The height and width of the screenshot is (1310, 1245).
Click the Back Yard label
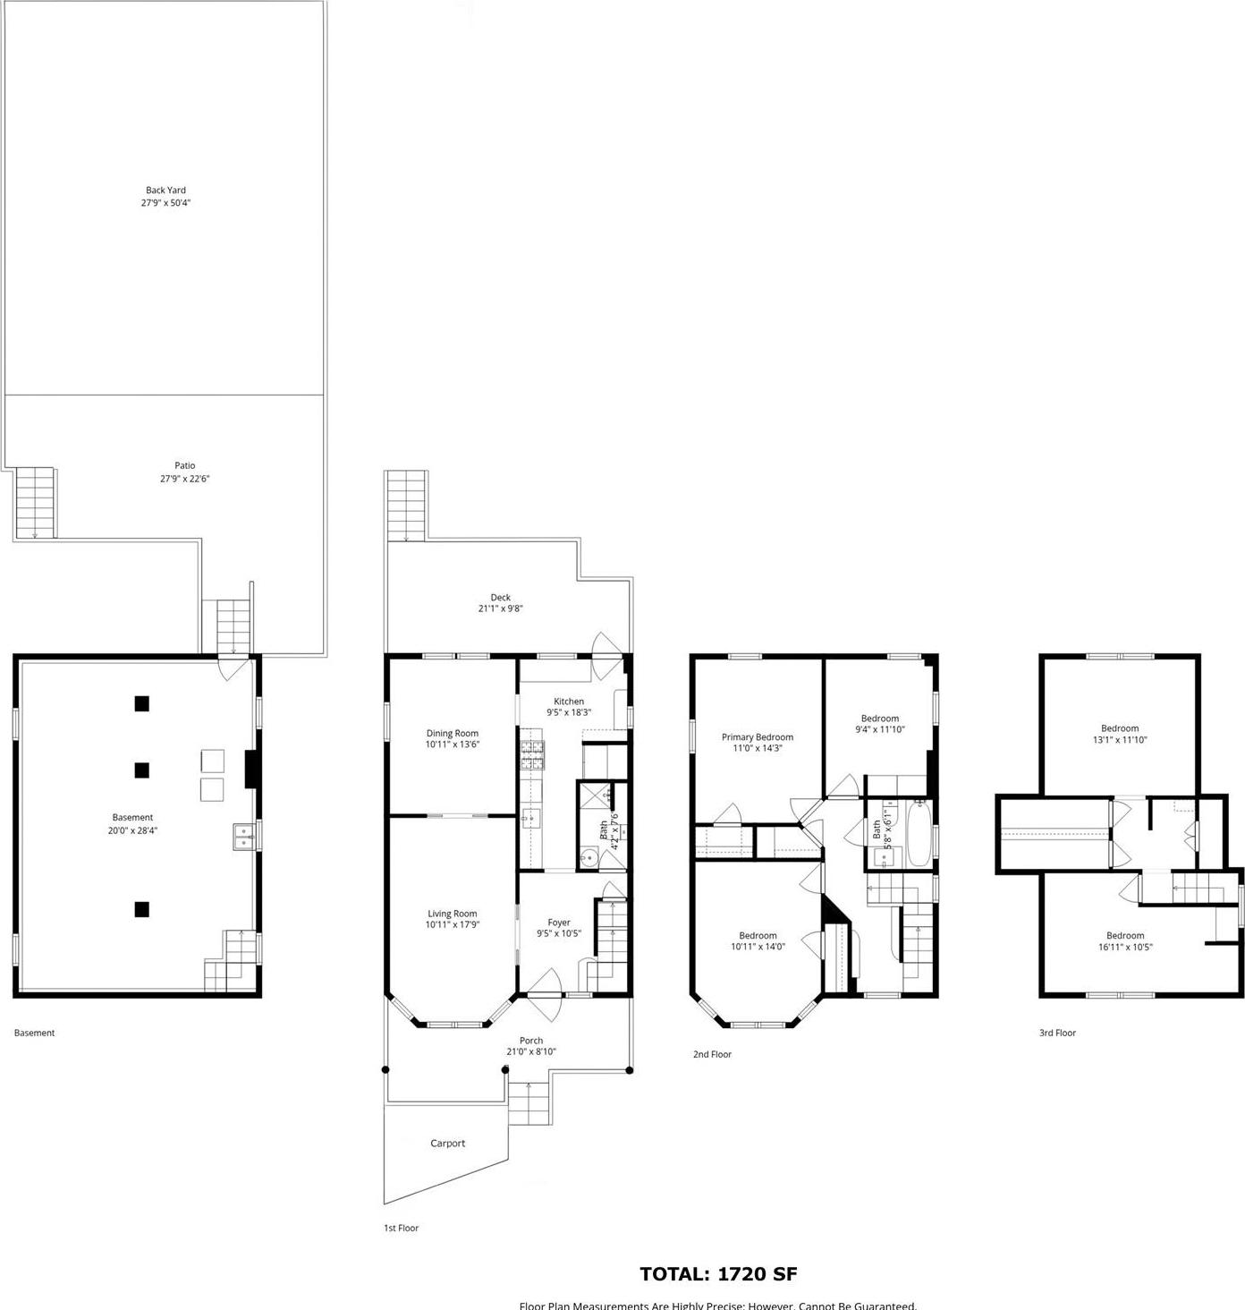[165, 191]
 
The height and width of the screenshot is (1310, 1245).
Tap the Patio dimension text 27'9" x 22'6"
[184, 479]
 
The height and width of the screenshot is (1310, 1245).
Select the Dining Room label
[453, 734]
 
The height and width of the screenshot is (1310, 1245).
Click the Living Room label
[452, 914]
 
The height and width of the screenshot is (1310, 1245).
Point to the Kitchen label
[569, 702]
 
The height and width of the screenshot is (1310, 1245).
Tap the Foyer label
[559, 923]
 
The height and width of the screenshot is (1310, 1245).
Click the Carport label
[447, 1144]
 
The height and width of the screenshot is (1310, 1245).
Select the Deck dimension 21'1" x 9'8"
[500, 609]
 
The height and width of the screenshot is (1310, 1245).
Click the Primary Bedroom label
[757, 737]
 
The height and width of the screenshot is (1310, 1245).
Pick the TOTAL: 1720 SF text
[718, 1274]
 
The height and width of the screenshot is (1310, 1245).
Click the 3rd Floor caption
[1057, 1033]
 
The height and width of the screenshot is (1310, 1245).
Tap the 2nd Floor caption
[712, 1054]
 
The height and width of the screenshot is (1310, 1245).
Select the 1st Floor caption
[401, 1228]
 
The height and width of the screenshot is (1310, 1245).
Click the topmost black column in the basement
[141, 703]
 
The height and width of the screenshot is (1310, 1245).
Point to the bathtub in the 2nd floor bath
[919, 834]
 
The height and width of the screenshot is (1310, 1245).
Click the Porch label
[531, 1041]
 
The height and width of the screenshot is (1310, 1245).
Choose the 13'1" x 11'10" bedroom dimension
[1120, 740]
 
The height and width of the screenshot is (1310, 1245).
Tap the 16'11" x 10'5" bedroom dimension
[1124, 947]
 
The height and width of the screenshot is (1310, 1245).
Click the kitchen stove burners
[532, 757]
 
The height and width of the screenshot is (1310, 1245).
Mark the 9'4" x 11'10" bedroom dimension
[880, 729]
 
